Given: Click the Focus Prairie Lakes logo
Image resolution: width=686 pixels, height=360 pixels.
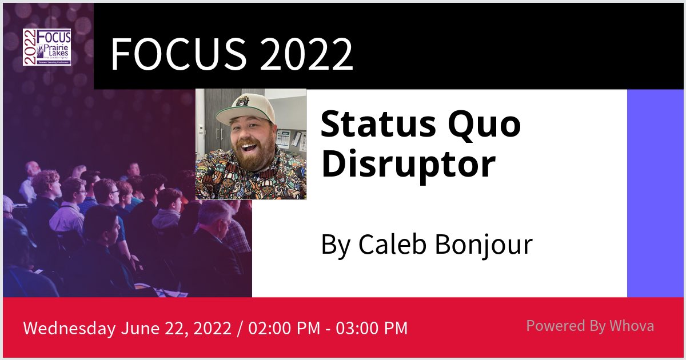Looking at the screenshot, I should tap(47, 47).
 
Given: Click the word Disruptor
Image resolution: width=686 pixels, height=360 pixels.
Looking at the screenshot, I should tap(407, 164).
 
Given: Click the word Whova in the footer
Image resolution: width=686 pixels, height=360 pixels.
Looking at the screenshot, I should tap(632, 326).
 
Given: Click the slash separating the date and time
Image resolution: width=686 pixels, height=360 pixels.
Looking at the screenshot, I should tap(241, 329).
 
